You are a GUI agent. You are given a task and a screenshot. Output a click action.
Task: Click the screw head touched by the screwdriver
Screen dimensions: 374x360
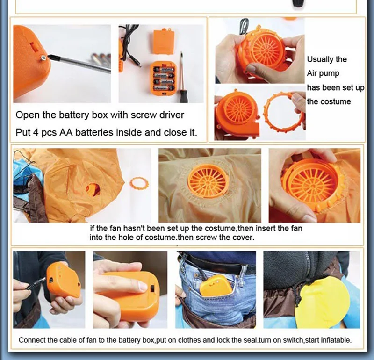[x=43, y=58]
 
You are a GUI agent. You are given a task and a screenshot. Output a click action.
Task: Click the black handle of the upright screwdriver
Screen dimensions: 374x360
[x=183, y=93]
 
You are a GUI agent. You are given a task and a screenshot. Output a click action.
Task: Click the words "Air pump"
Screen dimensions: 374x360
[x=323, y=73]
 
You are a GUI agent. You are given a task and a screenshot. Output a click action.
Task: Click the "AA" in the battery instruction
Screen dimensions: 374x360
[x=66, y=132]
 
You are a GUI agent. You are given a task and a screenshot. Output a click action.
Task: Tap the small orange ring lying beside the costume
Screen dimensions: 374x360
[x=139, y=183]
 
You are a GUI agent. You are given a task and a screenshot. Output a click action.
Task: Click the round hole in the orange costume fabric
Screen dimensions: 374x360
[x=93, y=190]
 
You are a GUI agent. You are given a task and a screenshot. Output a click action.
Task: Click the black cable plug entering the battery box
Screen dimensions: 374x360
[x=36, y=284]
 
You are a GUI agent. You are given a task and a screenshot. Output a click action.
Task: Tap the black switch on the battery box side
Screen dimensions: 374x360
[x=152, y=288]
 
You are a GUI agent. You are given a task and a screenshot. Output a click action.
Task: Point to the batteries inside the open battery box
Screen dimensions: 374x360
[x=164, y=79]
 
